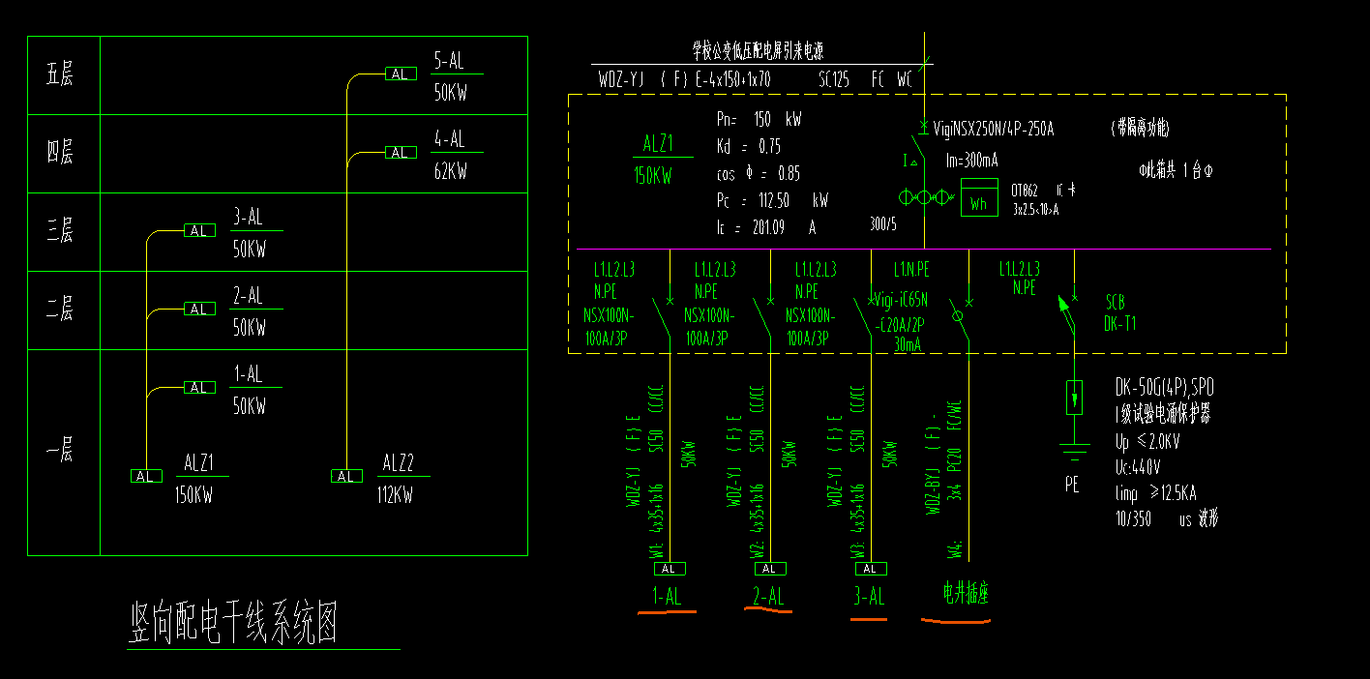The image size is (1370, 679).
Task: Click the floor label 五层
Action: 60,74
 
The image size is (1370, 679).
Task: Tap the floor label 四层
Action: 60,152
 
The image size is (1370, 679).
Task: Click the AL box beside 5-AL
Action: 400,74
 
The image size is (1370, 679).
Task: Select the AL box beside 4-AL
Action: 400,152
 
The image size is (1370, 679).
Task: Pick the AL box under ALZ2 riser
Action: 345,476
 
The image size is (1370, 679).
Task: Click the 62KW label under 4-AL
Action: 450,171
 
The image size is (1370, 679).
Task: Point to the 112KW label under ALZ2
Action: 395,495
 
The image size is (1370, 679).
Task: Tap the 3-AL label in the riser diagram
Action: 248,216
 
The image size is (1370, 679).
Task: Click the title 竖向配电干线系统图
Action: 234,624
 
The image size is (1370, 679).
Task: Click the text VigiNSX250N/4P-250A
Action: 993,128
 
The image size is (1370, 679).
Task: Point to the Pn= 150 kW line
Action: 759,120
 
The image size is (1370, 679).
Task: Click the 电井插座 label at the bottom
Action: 967,593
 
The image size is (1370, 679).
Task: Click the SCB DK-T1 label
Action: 1119,312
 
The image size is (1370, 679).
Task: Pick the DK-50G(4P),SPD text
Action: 1164,388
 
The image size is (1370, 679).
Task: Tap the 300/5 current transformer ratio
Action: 884,224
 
